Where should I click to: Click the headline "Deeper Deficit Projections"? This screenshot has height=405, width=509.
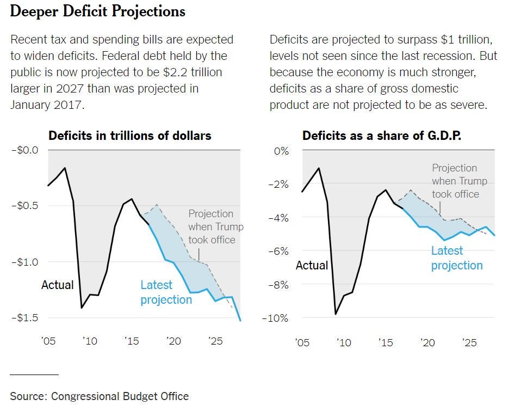[97, 11]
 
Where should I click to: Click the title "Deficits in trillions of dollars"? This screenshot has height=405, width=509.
[129, 136]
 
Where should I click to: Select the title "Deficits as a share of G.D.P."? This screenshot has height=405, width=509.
[382, 136]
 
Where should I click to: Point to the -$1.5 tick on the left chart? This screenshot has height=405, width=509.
[25, 317]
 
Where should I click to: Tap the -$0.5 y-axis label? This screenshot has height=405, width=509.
[25, 206]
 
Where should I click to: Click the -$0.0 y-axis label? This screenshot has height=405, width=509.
[25, 150]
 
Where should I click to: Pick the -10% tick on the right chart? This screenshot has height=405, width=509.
[275, 318]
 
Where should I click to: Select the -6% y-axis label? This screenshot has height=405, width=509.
[278, 251]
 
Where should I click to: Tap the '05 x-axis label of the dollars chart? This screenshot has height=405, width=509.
[48, 341]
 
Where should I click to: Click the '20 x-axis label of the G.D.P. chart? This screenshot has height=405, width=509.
[428, 342]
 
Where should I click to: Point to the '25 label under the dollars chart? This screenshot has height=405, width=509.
[216, 341]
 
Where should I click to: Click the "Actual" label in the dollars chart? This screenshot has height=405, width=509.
[57, 285]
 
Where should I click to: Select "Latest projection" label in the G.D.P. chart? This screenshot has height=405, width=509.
[457, 258]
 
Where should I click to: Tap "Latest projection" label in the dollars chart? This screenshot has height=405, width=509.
[166, 292]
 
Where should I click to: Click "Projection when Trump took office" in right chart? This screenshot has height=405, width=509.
[460, 181]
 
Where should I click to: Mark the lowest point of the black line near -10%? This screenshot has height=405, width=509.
[336, 314]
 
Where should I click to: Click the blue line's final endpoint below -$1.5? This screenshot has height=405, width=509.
[240, 320]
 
